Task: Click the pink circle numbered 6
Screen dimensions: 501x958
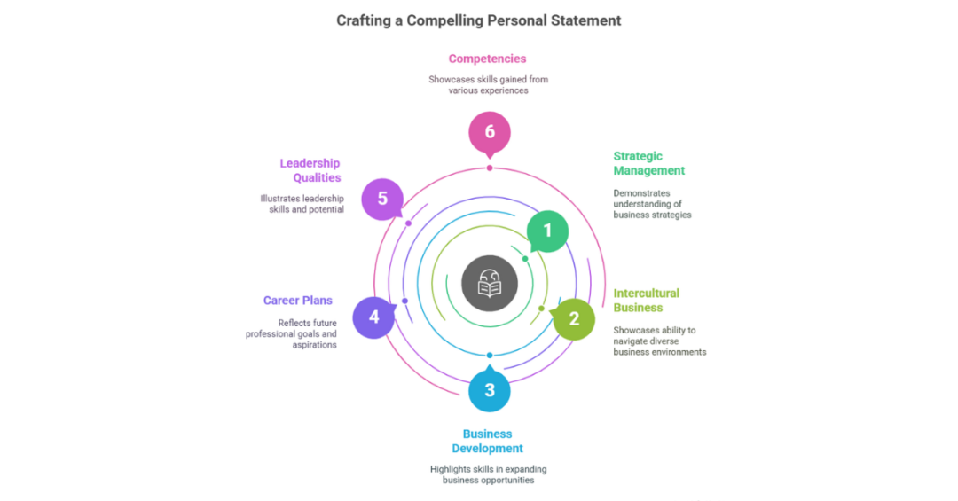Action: [x=490, y=133]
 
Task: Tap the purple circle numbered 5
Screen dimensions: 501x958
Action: [x=382, y=199]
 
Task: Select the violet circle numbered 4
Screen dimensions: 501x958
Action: [x=373, y=317]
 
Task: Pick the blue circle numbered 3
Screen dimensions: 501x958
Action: [x=490, y=391]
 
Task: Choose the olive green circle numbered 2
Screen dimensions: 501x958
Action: [x=574, y=319]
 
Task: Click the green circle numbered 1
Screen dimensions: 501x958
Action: [x=547, y=231]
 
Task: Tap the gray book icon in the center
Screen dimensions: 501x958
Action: [x=490, y=284]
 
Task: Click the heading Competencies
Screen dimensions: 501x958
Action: [x=487, y=59]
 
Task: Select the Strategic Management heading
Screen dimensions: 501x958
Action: [x=649, y=163]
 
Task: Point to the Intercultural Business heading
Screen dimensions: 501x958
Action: [x=646, y=300]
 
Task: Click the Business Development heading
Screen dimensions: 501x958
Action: [x=487, y=441]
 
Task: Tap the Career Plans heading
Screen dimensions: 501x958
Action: [x=298, y=301]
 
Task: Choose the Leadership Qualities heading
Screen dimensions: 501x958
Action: [x=310, y=170]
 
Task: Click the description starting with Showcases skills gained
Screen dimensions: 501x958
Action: [x=488, y=84]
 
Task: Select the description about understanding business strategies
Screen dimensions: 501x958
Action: [x=652, y=204]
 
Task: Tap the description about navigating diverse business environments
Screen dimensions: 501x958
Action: [x=659, y=341]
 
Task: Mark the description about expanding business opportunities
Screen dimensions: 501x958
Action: [x=488, y=474]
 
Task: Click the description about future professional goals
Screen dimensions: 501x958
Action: [x=292, y=334]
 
